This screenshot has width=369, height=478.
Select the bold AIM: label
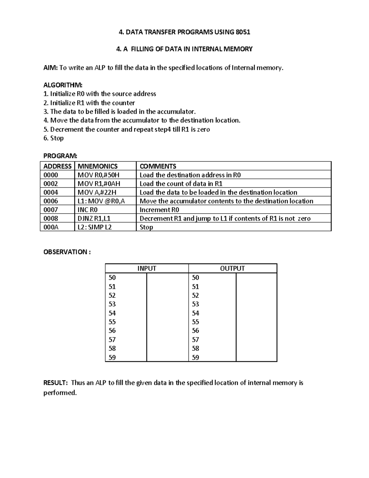coord(50,68)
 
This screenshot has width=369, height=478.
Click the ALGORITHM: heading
coord(63,85)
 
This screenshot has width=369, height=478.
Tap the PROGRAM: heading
coord(60,156)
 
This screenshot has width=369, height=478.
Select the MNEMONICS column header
coord(97,166)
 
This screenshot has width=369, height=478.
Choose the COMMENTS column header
coord(158,166)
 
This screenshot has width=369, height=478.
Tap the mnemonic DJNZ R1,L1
coord(94,219)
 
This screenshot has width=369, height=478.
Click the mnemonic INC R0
coord(88,210)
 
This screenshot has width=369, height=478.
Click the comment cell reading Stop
coord(146,227)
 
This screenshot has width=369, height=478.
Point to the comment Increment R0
coord(159,210)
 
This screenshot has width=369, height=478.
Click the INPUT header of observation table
coord(147,268)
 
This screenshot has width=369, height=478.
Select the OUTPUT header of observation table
coord(232,268)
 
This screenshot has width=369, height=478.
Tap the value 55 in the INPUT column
coord(112,322)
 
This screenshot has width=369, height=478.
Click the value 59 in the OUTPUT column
coord(196,357)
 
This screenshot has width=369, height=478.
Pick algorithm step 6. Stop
coord(54,138)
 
